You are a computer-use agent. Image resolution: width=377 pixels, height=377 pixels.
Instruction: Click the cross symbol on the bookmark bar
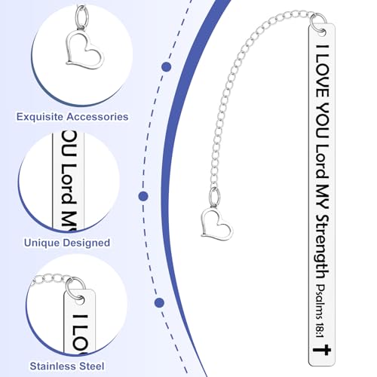(x=322, y=350)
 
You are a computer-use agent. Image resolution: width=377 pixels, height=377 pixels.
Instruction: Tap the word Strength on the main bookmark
(x=322, y=247)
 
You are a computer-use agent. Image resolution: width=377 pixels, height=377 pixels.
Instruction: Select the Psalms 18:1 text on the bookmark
(x=320, y=311)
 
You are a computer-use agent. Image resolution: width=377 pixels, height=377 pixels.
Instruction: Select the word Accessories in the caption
(x=97, y=117)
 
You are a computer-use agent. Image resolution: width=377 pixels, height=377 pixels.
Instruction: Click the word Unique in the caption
(x=41, y=243)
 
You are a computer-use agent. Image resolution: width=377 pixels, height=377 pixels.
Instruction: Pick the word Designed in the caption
(x=87, y=243)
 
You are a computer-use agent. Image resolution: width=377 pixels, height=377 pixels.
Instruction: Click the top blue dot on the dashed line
(x=167, y=67)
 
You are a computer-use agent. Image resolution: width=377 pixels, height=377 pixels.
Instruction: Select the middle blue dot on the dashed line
(x=143, y=196)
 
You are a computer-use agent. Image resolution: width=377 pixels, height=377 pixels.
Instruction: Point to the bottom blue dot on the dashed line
(x=159, y=302)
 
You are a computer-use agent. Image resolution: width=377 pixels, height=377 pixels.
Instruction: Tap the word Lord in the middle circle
(x=69, y=183)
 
